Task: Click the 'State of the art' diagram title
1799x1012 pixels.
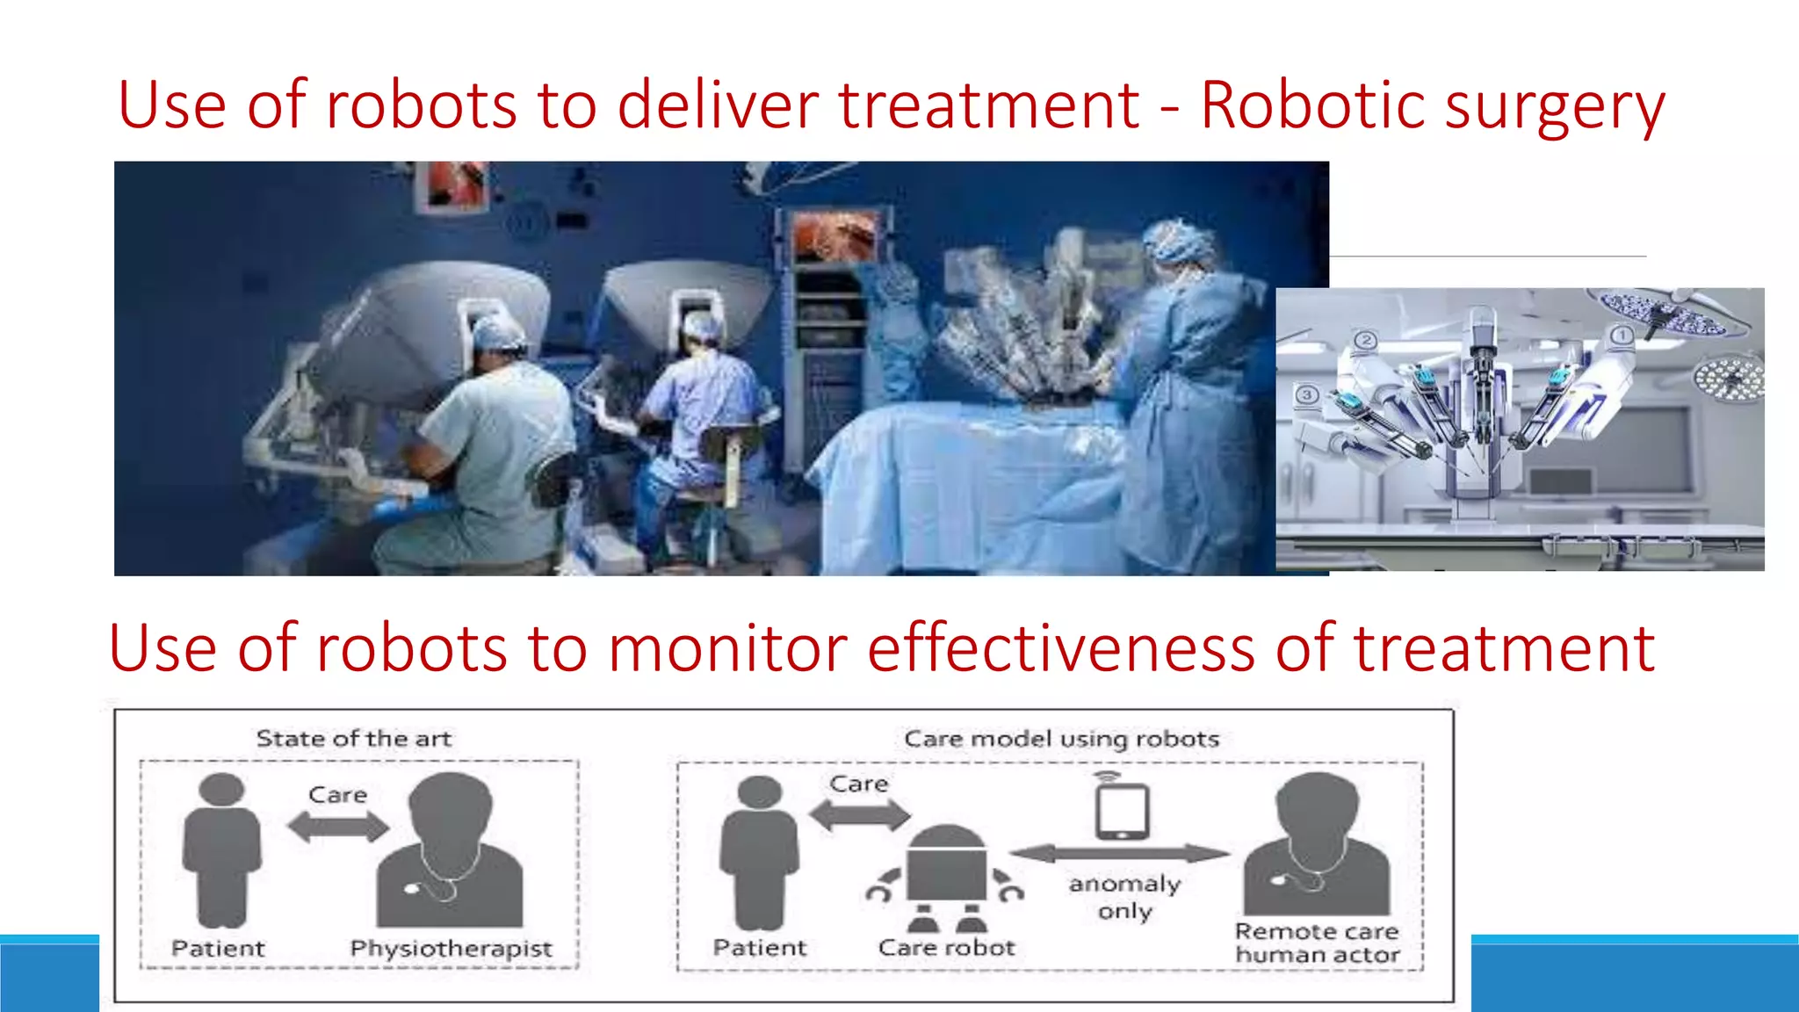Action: (354, 739)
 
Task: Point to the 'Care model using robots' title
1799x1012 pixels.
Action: (1062, 739)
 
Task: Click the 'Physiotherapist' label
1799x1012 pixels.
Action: (451, 949)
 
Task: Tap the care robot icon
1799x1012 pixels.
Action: (945, 878)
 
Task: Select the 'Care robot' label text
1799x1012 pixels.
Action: (946, 948)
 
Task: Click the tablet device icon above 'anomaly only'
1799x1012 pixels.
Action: (1122, 810)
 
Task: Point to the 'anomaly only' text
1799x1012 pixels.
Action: (1124, 897)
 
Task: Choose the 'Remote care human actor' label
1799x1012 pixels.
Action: (1317, 943)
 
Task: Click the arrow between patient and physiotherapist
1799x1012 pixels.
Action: (338, 827)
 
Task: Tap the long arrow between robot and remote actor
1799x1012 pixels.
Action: (1120, 852)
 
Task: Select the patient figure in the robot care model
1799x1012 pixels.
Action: (759, 852)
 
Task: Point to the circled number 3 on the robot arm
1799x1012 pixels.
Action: (1307, 394)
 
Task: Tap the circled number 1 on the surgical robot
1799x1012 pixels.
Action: (1622, 335)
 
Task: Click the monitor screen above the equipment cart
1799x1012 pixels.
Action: (834, 237)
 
